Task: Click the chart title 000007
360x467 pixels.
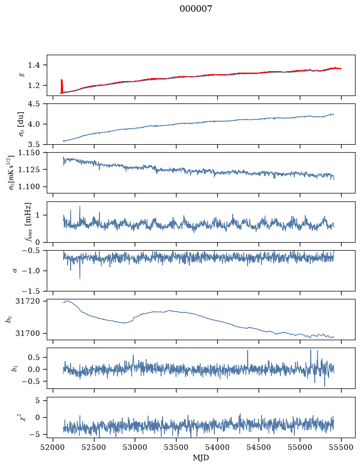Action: (195, 8)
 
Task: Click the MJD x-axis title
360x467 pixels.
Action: (201, 457)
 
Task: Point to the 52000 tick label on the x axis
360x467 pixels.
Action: (53, 447)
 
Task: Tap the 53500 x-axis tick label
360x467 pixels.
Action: (177, 447)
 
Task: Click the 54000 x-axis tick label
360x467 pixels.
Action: (217, 447)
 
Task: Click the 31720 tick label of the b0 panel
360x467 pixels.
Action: (28, 301)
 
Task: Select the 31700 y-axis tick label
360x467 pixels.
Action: (28, 333)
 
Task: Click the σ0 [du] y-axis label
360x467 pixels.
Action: (21, 124)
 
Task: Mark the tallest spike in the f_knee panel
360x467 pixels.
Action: (80, 206)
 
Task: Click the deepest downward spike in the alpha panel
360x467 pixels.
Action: (80, 278)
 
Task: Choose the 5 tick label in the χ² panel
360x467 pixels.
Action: (37, 400)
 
